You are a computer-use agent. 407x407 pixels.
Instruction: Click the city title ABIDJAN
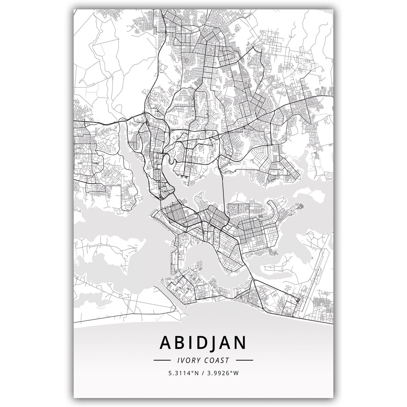tap(203, 343)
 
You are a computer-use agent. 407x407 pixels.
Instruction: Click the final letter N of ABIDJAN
tap(240, 343)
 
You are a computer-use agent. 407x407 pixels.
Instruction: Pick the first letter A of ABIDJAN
tap(166, 343)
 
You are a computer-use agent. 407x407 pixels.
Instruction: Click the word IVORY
tap(188, 360)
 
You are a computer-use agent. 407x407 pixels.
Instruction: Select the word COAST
tap(217, 360)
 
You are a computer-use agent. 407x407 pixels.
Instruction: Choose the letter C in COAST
tap(206, 360)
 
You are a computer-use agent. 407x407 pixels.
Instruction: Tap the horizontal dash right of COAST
tap(245, 360)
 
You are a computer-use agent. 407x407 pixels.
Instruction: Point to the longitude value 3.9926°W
tap(223, 372)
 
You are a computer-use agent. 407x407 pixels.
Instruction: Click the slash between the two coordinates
tap(203, 372)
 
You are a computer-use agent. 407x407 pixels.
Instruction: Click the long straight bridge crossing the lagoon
tap(223, 191)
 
